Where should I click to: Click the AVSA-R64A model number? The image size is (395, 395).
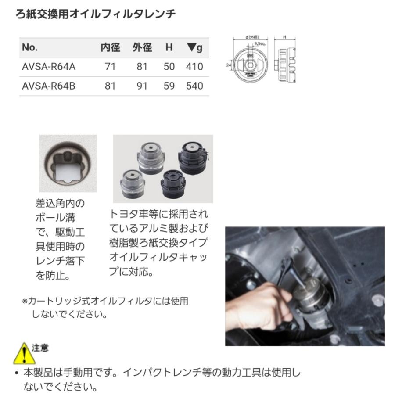point(49,67)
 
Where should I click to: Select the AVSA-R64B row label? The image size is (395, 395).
point(49,86)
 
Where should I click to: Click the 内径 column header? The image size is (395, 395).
point(110,47)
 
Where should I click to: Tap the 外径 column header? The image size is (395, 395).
point(142,47)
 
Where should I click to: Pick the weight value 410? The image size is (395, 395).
point(194,67)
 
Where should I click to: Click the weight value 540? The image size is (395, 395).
point(194,86)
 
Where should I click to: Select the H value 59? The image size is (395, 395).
point(169,86)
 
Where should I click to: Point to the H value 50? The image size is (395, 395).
point(169,67)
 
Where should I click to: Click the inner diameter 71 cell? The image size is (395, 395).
point(110,67)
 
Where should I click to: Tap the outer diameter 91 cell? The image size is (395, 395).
point(142,86)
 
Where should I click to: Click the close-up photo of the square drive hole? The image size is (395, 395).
point(68,163)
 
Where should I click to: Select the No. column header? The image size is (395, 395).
point(30,47)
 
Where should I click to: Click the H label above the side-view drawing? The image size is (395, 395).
point(284,38)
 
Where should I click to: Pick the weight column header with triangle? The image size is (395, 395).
point(194,47)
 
